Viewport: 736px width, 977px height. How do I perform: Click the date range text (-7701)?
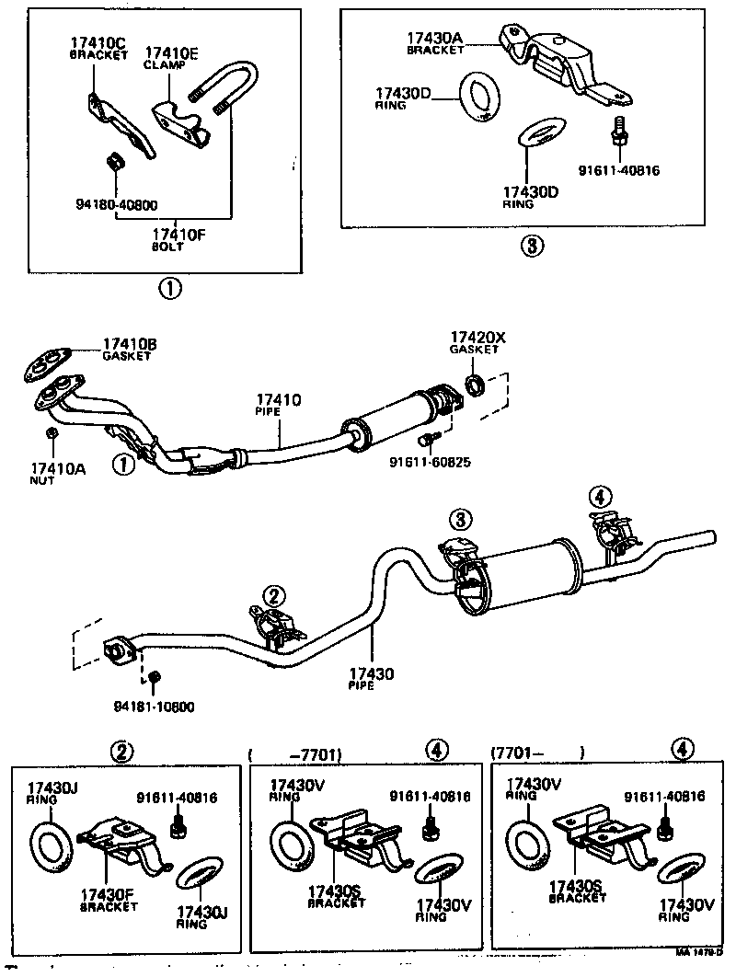click(x=311, y=754)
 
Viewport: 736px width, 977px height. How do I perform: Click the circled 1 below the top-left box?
click(x=171, y=290)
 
